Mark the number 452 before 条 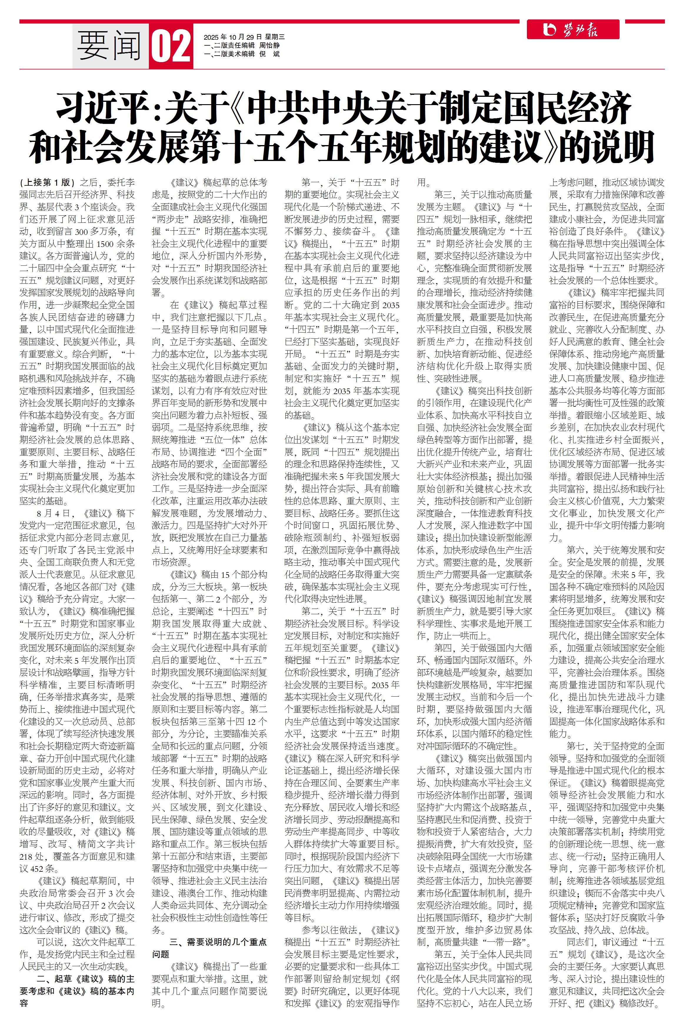coord(37,868)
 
